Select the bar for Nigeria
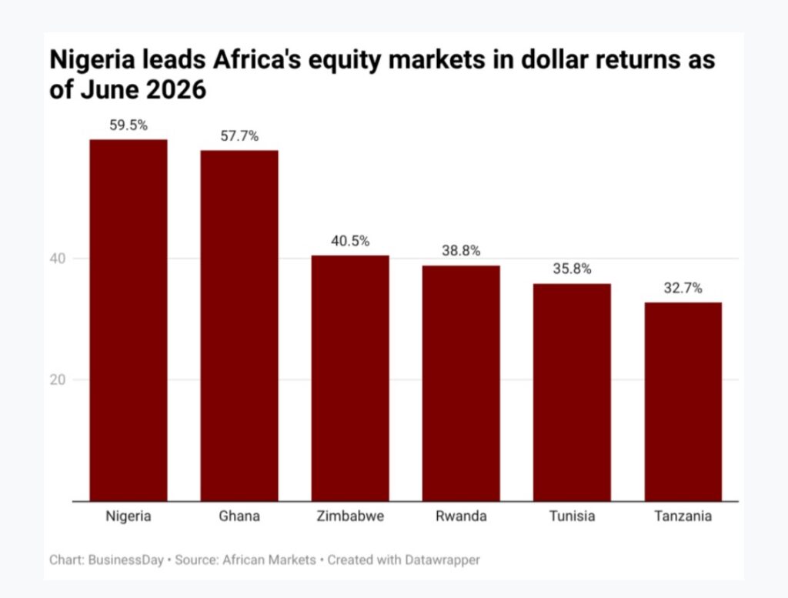point(129,320)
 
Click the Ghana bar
point(239,326)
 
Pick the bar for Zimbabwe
point(350,378)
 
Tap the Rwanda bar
point(461,383)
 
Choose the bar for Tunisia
point(572,393)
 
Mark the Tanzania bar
point(683,402)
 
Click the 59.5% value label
point(129,125)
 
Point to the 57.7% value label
point(239,136)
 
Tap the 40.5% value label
point(350,241)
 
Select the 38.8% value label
point(461,251)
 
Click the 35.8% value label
point(572,269)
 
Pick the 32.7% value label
point(683,288)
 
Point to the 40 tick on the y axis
point(58,259)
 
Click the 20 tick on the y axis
point(58,380)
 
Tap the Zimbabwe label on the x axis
point(350,516)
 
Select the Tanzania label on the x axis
point(683,516)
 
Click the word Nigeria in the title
point(92,60)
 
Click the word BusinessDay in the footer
point(126,560)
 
